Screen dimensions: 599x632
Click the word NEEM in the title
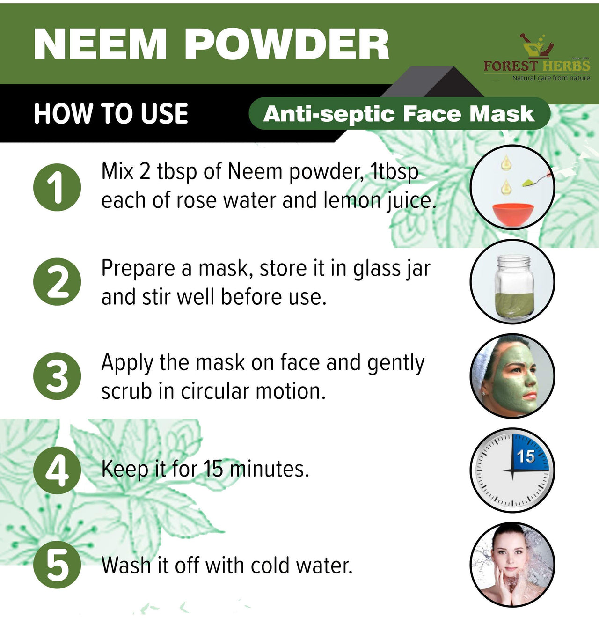[x=100, y=44]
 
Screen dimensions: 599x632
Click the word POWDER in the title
[x=287, y=44]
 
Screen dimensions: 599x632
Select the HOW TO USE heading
[x=111, y=114]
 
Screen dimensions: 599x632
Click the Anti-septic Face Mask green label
[x=400, y=114]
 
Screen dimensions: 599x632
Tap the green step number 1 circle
[x=57, y=187]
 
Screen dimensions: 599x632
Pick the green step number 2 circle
[x=57, y=282]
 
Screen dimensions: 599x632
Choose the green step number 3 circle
[x=57, y=376]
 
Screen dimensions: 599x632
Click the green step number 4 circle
[x=57, y=470]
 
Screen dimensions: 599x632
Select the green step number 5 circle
[x=57, y=565]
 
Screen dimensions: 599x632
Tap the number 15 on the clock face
[x=526, y=456]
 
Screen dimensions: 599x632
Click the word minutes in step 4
[x=269, y=469]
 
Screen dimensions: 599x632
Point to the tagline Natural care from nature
[x=551, y=78]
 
